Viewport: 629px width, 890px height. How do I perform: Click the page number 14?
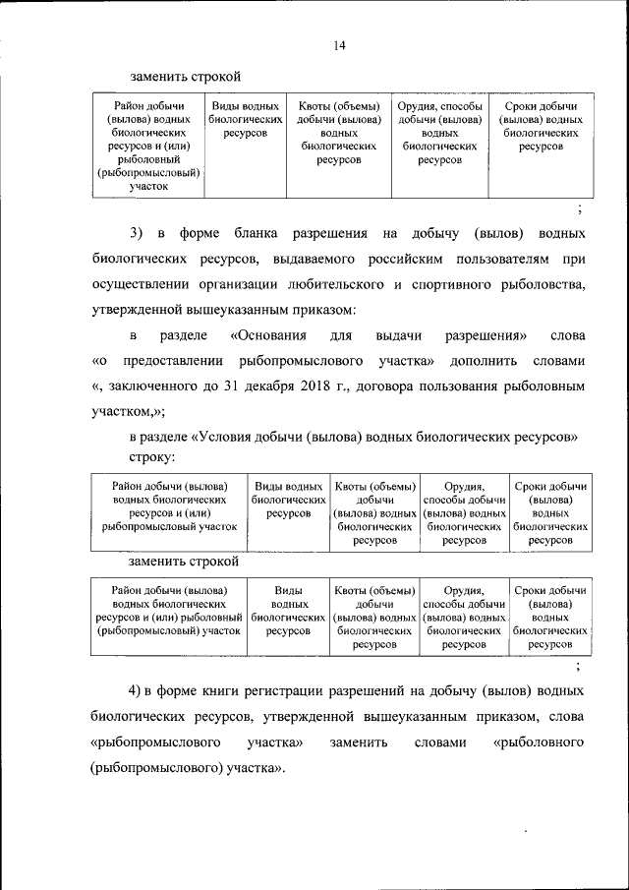[x=338, y=45]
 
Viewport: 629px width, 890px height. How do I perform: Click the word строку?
[x=152, y=457]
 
